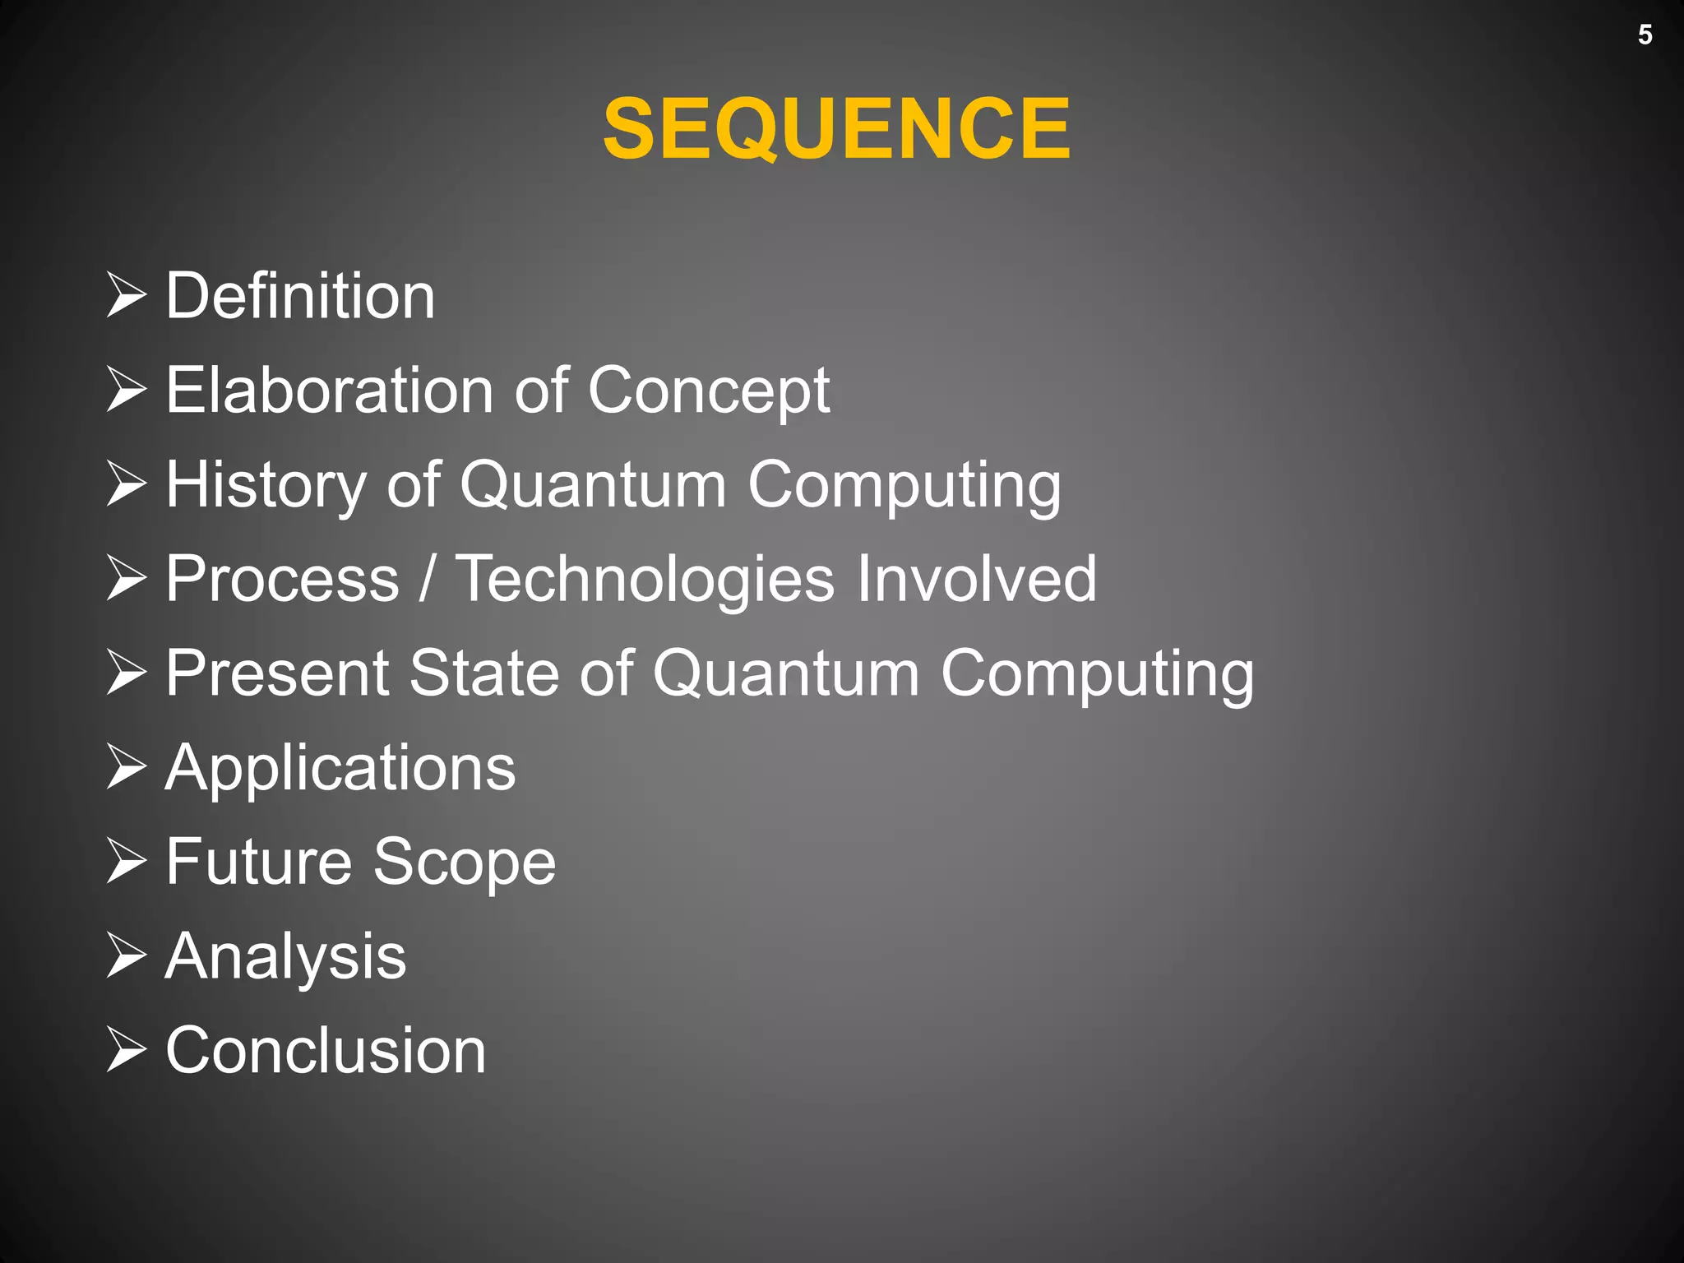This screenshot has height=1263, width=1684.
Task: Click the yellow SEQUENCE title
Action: click(x=836, y=128)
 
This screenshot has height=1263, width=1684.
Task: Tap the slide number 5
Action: click(x=1645, y=35)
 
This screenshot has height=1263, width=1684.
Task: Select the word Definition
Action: click(x=300, y=296)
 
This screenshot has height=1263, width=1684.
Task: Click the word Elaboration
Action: click(x=330, y=390)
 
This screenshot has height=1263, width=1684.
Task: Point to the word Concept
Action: click(x=708, y=391)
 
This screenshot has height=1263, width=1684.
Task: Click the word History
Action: click(x=266, y=485)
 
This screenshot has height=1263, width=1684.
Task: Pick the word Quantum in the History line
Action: click(x=593, y=485)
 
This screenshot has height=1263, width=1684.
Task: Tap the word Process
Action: click(x=283, y=579)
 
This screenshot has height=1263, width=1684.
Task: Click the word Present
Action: click(x=277, y=673)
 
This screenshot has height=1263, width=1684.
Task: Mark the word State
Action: click(x=483, y=673)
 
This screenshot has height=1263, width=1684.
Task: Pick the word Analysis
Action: click(x=285, y=957)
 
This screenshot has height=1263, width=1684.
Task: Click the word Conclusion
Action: click(x=326, y=1051)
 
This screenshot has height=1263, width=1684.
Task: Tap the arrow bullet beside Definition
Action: click(x=127, y=296)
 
